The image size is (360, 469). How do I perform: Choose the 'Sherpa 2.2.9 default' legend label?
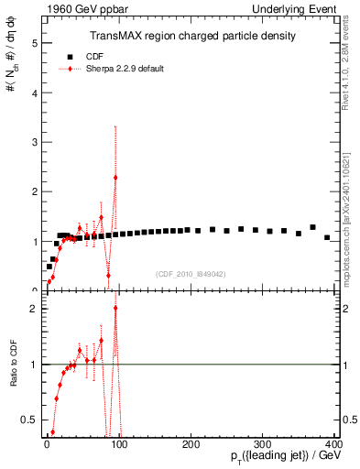[118, 69]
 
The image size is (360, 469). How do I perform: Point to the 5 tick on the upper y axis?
[35, 43]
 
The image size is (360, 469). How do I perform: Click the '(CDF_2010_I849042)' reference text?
[192, 274]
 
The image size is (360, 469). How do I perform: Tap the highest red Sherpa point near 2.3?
[115, 178]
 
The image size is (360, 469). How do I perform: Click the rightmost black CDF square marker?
[327, 237]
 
